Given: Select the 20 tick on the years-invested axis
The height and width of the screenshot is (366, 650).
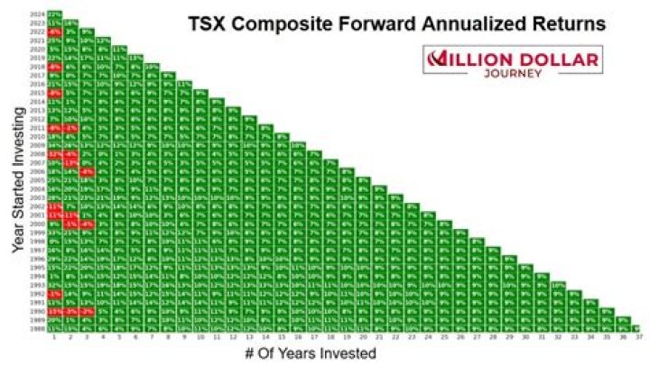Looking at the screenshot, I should coord(365,338).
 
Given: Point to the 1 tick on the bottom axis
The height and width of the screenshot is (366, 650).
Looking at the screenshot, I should coord(55,338).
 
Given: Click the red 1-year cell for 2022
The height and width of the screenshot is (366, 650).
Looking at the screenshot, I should coord(55,32).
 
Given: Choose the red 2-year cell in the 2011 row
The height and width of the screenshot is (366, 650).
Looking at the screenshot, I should coord(71,127).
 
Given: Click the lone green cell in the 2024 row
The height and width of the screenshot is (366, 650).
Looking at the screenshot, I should coord(55,14).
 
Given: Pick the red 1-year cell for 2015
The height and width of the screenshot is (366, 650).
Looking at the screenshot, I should coord(55,93).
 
